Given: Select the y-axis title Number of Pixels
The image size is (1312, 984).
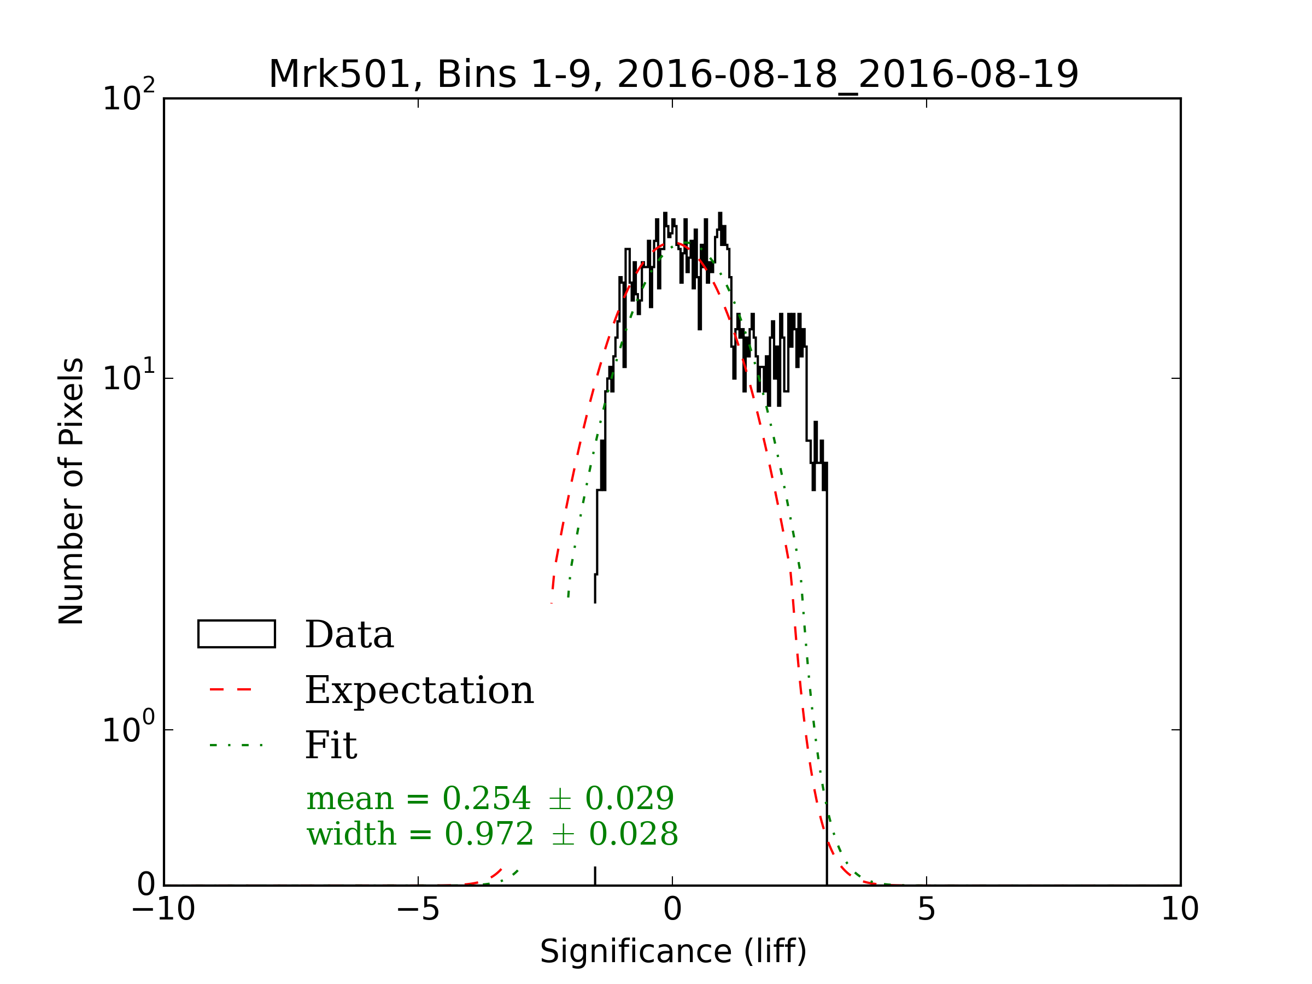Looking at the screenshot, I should pos(71,490).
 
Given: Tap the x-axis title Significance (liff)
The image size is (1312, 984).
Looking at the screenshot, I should pos(673,951).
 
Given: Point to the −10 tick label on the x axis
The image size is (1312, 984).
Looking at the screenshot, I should pos(163,909).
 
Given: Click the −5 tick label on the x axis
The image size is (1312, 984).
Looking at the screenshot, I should pos(418,909).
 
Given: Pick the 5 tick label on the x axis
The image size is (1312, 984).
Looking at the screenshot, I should pos(927,909).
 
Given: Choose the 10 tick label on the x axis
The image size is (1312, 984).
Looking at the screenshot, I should pos(1180,909).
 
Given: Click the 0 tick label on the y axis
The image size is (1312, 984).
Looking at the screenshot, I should pos(146,885).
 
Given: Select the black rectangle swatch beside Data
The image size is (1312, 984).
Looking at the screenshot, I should pos(236,634).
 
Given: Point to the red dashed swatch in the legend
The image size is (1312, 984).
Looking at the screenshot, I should pos(231,690).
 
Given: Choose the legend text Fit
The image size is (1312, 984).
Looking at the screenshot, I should pos(331,746).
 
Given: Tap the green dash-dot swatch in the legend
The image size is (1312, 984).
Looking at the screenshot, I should pos(236,745).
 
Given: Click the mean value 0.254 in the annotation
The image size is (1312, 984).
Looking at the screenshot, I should pos(487,798).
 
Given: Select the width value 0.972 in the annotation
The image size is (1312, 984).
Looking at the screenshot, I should pos(489,835).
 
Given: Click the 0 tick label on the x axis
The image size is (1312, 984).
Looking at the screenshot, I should pos(672,909).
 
